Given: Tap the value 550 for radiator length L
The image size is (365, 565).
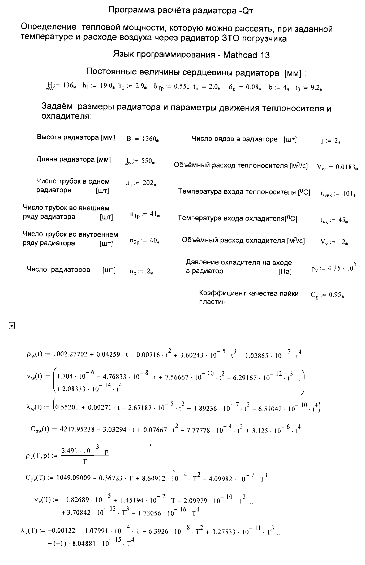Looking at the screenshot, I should click(x=146, y=161).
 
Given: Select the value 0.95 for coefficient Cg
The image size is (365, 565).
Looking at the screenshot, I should click(x=335, y=295).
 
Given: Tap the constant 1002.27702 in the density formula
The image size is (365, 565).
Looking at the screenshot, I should click(x=70, y=355).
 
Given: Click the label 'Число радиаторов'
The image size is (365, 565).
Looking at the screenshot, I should click(x=58, y=270).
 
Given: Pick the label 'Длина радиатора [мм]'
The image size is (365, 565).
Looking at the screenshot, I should click(x=74, y=160).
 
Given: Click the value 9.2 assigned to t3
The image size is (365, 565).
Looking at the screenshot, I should click(x=314, y=88).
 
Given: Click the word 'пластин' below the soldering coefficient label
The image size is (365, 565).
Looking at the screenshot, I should click(x=212, y=302).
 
